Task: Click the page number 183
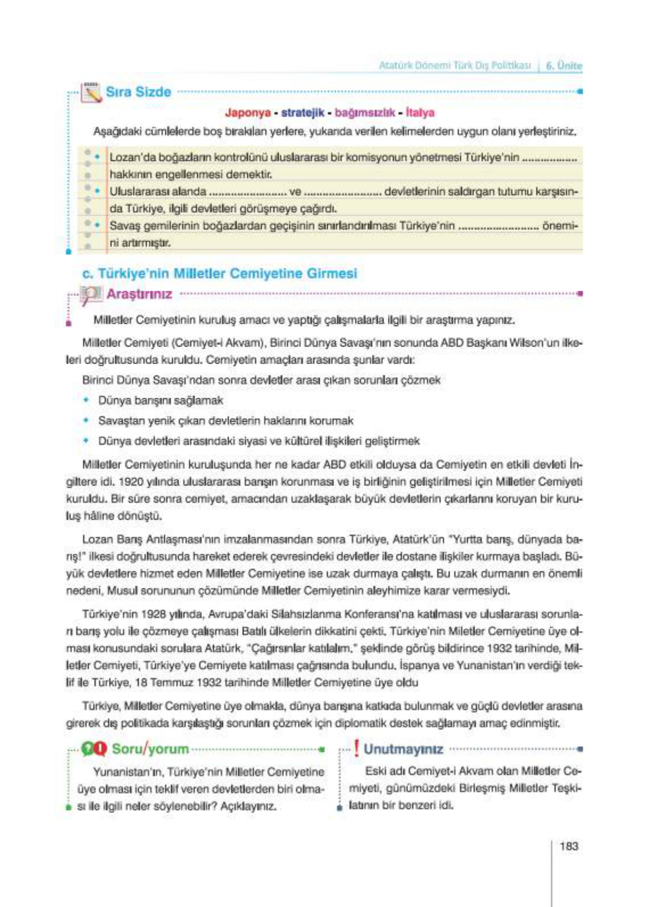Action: [x=569, y=846]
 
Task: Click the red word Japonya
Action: [x=247, y=113]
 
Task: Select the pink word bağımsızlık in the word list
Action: [x=364, y=113]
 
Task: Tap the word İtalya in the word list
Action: [x=420, y=113]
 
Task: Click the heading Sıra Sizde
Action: [x=138, y=92]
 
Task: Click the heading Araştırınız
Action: [x=139, y=294]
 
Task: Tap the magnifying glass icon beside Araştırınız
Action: [x=90, y=294]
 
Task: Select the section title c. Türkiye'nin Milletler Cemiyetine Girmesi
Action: [x=219, y=273]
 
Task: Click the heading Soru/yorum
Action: [x=150, y=749]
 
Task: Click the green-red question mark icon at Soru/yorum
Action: [x=93, y=749]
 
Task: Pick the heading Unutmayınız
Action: [x=403, y=749]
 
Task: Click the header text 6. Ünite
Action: [x=564, y=65]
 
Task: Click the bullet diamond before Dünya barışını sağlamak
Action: [x=86, y=400]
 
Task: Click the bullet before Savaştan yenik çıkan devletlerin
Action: [x=86, y=420]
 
